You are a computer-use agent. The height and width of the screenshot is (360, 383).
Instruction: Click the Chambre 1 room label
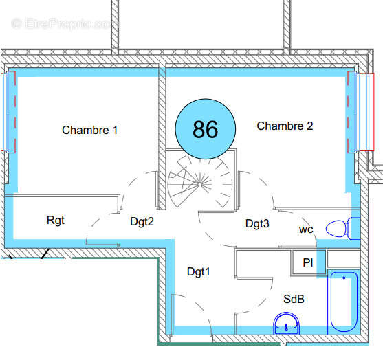point(89,130)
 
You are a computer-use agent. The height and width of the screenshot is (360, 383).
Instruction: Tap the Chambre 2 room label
point(285,126)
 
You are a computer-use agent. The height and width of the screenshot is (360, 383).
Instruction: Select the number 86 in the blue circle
point(205,129)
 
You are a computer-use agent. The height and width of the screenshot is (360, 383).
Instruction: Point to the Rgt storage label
point(56,221)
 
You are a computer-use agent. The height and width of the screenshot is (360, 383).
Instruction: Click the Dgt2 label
point(142,222)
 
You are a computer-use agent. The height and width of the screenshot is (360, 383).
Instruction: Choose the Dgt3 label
point(257,224)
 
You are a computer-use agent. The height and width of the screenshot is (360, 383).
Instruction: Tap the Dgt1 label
point(198,271)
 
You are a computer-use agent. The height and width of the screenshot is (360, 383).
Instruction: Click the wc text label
point(306,229)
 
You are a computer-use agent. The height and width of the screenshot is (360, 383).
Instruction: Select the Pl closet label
point(308,262)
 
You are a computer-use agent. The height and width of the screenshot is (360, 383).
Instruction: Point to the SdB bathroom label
point(294,300)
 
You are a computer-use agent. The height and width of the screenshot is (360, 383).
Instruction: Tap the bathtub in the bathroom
point(344,302)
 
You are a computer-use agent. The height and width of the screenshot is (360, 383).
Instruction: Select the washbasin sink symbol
point(286,324)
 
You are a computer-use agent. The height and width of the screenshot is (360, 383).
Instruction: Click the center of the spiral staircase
point(200,183)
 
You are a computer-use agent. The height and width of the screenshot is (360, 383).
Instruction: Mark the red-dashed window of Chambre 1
point(9,112)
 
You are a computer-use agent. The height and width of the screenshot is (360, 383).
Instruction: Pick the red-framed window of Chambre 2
point(361,112)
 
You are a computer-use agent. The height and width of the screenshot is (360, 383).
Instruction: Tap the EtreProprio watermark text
point(65,23)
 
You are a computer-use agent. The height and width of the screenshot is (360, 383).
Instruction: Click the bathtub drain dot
point(344,278)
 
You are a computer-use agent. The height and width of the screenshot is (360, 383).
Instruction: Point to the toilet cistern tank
point(354,229)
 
